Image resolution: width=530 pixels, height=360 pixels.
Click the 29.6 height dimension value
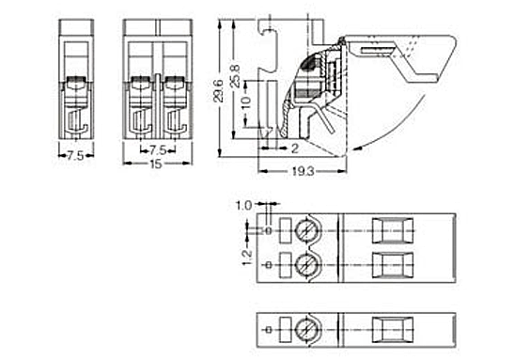(218, 90)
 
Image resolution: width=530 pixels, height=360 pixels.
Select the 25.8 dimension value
(235, 76)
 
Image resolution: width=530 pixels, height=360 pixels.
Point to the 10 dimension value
(247, 101)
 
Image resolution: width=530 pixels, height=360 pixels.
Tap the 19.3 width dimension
(304, 172)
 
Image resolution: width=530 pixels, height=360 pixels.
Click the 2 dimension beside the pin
(295, 149)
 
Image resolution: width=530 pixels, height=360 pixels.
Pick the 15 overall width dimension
(156, 164)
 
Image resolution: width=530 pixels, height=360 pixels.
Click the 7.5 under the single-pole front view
(76, 156)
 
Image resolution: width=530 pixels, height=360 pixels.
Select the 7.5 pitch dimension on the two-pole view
(158, 149)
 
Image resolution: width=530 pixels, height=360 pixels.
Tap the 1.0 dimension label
(243, 205)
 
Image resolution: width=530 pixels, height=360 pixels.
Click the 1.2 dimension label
(247, 258)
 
